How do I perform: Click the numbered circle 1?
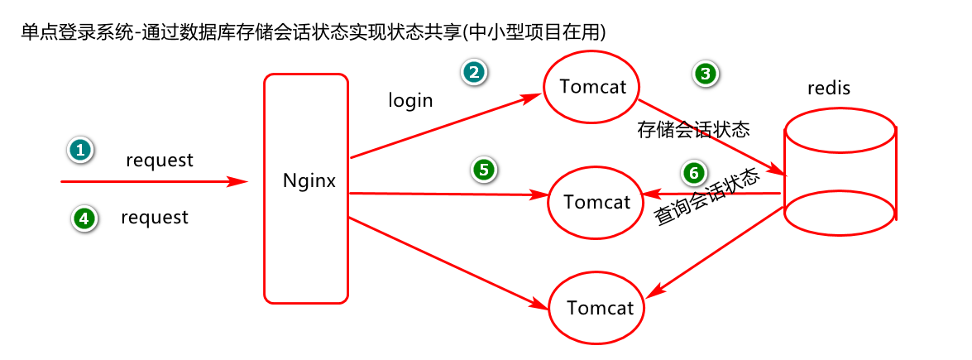click(x=79, y=150)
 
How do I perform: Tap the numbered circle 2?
click(x=473, y=72)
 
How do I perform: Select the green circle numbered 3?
click(x=705, y=74)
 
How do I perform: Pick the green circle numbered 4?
click(x=83, y=218)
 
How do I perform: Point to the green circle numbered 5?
click(x=484, y=170)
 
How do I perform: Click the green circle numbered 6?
click(x=694, y=173)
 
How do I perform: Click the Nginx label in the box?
click(x=309, y=180)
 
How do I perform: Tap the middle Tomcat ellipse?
click(x=596, y=201)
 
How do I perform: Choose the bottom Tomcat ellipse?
click(x=600, y=308)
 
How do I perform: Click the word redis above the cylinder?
click(x=828, y=88)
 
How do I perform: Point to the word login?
click(x=410, y=101)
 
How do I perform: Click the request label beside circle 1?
click(x=160, y=161)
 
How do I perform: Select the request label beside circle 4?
click(x=155, y=218)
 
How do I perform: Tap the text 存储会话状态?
click(x=693, y=129)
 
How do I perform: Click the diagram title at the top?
click(x=314, y=32)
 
